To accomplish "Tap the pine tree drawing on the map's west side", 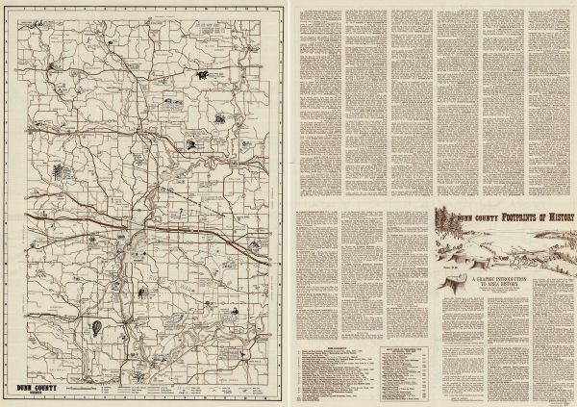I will [x=58, y=172].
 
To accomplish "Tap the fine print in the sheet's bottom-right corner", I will [x=558, y=398].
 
